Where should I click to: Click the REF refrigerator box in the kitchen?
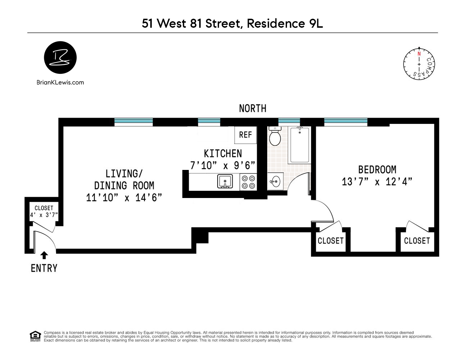click(x=245, y=135)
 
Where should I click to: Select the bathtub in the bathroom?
click(x=300, y=145)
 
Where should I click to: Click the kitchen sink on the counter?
click(x=225, y=181)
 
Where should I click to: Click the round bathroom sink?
click(x=275, y=181)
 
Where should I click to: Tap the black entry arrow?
click(x=44, y=256)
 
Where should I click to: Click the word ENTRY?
click(x=44, y=269)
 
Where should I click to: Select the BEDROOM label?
click(x=377, y=170)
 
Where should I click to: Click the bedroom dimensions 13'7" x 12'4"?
click(x=377, y=182)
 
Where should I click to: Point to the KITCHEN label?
click(x=223, y=154)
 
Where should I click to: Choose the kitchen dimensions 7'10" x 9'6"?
click(x=223, y=165)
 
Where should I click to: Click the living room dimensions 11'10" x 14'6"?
click(x=124, y=198)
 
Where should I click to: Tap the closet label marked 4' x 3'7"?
click(x=44, y=215)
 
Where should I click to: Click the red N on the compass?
click(x=419, y=54)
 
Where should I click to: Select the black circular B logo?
click(x=60, y=58)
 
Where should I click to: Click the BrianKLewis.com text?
click(x=60, y=82)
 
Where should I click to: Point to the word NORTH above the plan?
click(x=252, y=108)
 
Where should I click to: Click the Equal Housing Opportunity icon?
click(x=35, y=336)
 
